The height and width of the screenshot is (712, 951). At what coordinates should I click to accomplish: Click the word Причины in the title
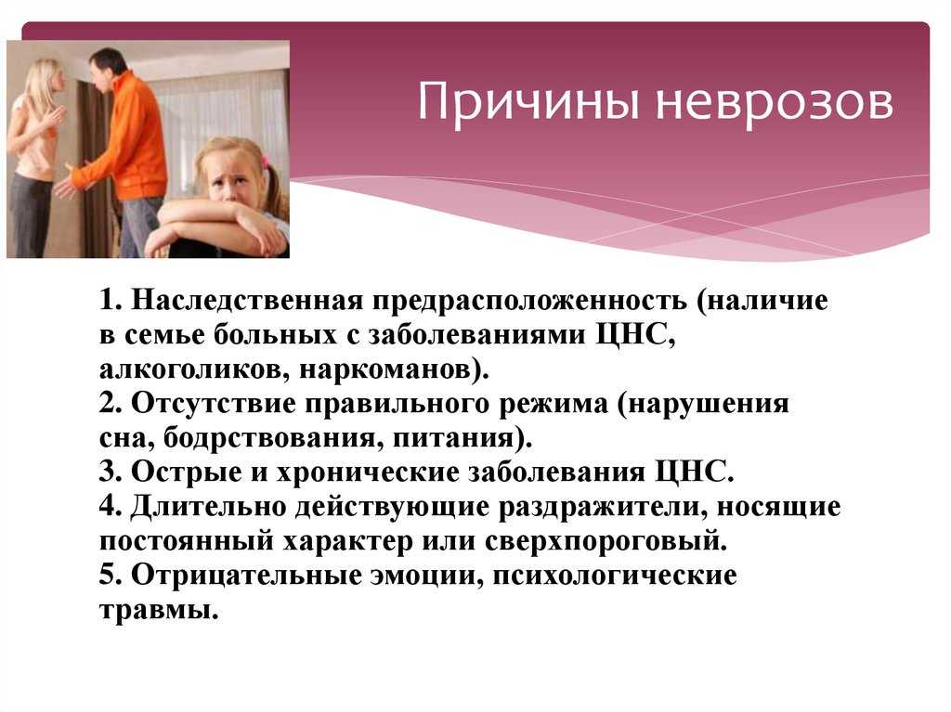528,102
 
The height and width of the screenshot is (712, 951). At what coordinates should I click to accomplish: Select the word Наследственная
247,300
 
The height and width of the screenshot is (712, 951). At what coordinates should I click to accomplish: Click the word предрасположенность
529,302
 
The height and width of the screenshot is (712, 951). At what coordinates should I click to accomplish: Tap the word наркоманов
389,370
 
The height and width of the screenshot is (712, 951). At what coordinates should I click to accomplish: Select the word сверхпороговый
606,541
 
